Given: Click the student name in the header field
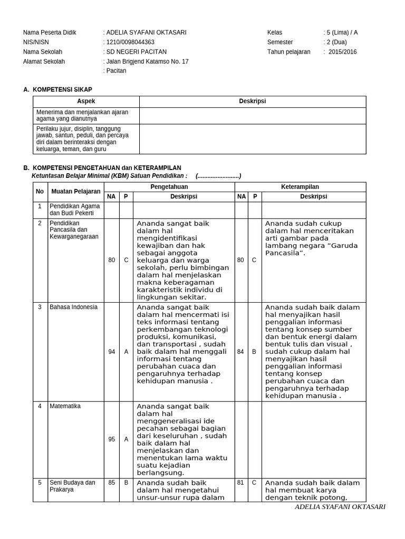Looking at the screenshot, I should [x=146, y=33].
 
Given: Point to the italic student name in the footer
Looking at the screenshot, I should [x=340, y=507].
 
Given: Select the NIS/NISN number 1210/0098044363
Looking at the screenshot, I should [x=130, y=42].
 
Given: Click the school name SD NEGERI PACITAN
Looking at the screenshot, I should [x=136, y=52].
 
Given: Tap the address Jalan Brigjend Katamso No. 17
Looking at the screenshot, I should [x=147, y=62].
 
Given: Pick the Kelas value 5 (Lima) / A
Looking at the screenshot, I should [x=342, y=33].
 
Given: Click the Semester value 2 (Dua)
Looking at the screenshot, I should [x=336, y=42].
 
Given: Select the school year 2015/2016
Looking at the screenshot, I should [x=342, y=52].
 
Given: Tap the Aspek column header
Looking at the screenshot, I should [x=86, y=102].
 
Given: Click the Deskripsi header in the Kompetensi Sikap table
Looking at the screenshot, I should [x=253, y=102].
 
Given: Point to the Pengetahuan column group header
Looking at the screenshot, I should [x=169, y=187].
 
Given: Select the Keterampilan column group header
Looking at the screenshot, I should [x=300, y=187].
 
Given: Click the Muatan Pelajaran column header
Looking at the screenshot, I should [x=75, y=192].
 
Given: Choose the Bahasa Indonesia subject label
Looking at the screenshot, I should [x=70, y=307].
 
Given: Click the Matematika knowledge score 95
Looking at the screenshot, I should [x=111, y=439].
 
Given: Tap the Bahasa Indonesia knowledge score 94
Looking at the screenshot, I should [x=111, y=352].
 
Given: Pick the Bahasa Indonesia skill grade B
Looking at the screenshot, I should [x=254, y=352].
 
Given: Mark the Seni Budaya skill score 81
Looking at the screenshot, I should [x=240, y=482].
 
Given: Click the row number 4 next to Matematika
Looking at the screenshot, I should [x=40, y=406].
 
